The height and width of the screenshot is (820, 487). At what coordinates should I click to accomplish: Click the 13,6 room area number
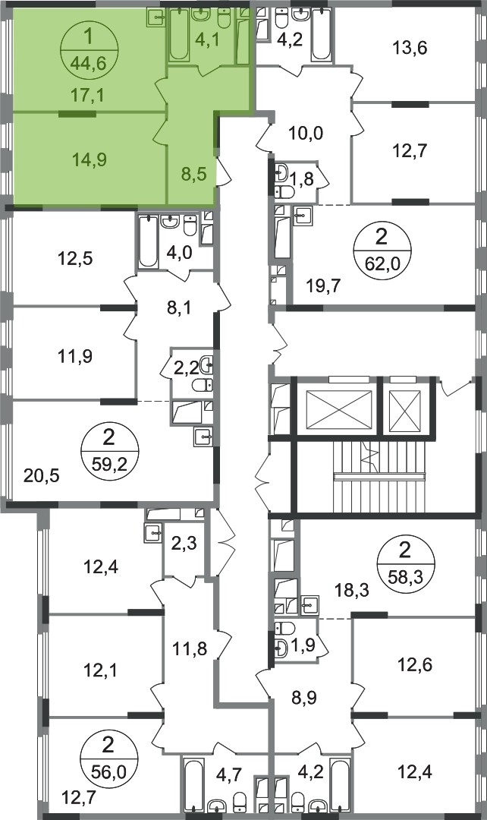410,48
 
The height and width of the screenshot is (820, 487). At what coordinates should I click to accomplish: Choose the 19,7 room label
323,286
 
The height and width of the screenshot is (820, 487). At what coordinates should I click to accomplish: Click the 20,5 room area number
42,476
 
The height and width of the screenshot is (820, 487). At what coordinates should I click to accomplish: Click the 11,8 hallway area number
189,649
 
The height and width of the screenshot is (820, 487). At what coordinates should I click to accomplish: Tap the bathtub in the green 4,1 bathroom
179,36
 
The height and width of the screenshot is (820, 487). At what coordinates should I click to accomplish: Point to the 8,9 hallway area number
306,697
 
